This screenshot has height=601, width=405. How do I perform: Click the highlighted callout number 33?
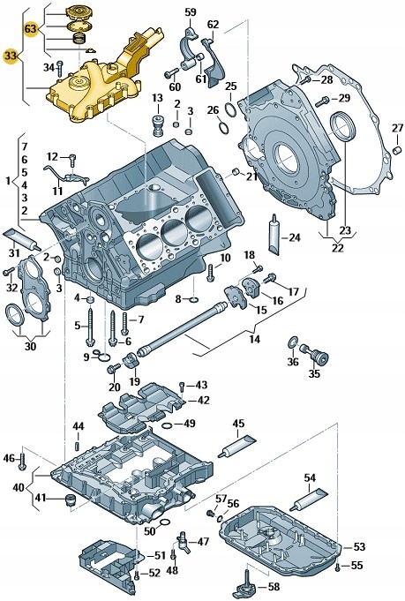11,56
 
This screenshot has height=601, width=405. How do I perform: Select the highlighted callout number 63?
30,30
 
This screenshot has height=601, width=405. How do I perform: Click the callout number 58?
274,585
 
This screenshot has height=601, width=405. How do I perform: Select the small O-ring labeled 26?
226,125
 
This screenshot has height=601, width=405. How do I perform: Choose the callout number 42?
203,400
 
